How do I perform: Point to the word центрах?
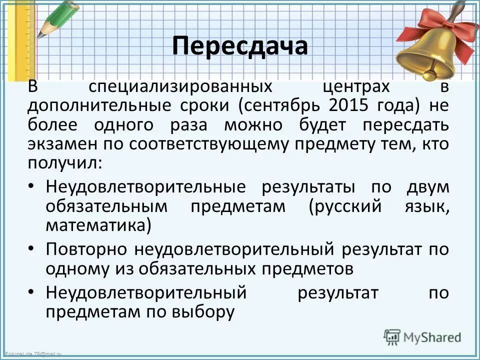[340, 87]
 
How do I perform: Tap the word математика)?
[98, 225]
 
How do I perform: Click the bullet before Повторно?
[31, 249]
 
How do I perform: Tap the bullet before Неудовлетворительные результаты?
[31, 187]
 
